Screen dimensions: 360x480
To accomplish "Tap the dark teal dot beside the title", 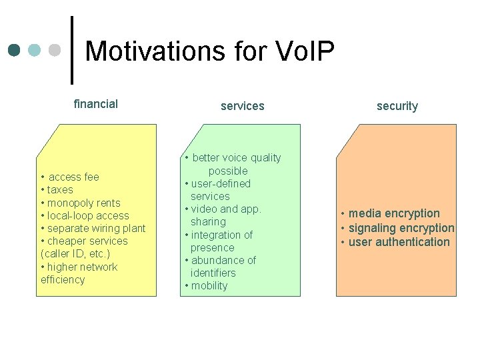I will pos(15,50).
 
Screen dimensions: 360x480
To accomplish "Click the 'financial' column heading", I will pos(95,104).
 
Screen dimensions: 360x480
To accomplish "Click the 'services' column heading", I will pos(242,106).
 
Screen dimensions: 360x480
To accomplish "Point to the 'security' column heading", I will pos(397,106).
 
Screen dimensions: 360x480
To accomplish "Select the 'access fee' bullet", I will pos(73,177).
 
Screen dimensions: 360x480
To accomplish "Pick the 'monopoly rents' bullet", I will pos(83,203).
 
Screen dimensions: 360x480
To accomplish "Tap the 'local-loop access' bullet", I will pos(88,216).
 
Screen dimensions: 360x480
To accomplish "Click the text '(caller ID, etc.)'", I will pos(75,254).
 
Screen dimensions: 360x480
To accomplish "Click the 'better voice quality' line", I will pos(236,158).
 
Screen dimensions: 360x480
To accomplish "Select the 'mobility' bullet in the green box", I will pos(209,286).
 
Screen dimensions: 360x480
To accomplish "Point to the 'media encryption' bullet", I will pos(393,214).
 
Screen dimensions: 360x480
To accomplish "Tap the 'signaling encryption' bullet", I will pos(401,228).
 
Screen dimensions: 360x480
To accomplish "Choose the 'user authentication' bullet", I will pos(399,242).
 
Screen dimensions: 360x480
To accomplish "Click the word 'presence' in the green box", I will pos(212,247).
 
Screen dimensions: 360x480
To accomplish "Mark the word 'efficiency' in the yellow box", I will pos(63,280).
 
